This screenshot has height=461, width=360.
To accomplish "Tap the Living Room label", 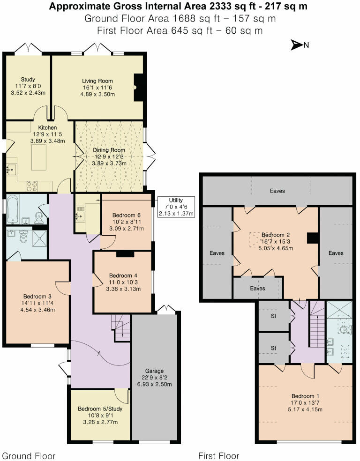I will pyautogui.click(x=97, y=81).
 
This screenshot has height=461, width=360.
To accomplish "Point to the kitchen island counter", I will pyautogui.click(x=38, y=157).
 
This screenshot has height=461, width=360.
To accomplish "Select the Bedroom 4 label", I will pyautogui.click(x=124, y=275).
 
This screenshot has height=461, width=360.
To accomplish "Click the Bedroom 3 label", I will pyautogui.click(x=37, y=296).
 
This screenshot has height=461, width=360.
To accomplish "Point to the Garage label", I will pyautogui.click(x=154, y=371).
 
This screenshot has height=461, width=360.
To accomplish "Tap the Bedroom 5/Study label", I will pyautogui.click(x=100, y=409).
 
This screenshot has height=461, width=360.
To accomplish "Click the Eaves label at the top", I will pyautogui.click(x=277, y=191).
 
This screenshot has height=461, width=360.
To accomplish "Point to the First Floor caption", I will pyautogui.click(x=218, y=455).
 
